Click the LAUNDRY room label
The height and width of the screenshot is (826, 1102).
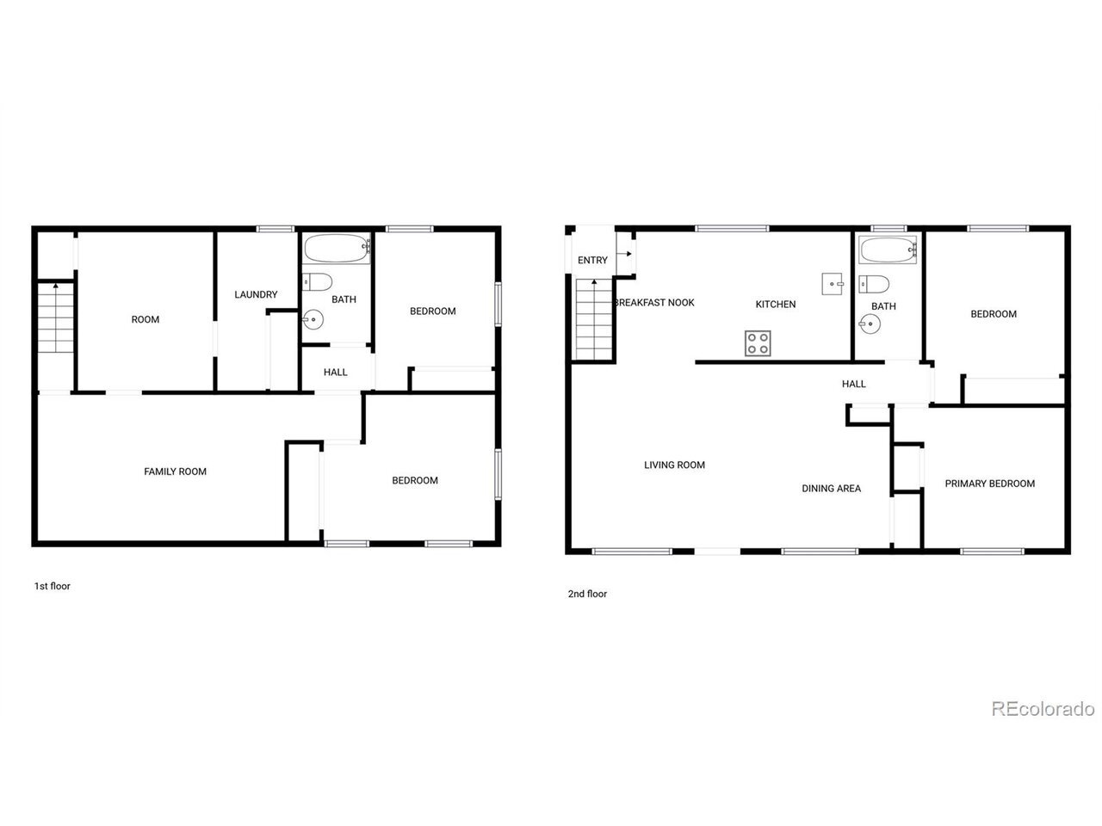256,294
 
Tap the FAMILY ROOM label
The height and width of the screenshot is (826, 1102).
175,472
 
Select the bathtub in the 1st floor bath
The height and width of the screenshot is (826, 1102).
336,248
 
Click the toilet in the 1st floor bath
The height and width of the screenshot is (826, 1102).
318,282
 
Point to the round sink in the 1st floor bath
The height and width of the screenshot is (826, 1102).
313,319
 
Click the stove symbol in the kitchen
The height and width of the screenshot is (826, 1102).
758,343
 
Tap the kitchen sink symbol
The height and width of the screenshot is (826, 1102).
832,284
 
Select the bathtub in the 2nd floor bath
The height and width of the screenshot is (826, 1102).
888,250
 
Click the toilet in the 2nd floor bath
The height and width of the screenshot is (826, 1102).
874,284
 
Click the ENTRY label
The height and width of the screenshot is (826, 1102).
592,261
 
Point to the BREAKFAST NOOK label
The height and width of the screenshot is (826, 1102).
654,302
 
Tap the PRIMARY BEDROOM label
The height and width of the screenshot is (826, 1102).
989,484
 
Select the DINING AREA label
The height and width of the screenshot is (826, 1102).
831,489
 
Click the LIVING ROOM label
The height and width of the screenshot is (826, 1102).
674,465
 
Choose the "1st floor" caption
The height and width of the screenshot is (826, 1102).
53,586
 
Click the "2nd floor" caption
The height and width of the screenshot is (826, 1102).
587,594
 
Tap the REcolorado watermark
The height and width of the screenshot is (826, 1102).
1043,709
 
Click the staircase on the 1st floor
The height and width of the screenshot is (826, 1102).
56,317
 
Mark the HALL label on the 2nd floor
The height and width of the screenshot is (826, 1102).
853,384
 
